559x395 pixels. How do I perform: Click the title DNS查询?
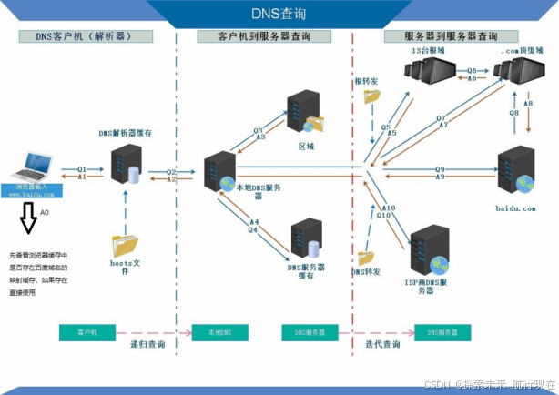pyautogui.click(x=279, y=14)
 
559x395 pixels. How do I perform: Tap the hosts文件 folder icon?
pyautogui.click(x=124, y=244)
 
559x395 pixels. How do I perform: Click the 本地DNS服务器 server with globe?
pyautogui.click(x=220, y=173)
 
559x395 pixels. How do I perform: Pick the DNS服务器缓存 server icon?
pyautogui.click(x=306, y=238)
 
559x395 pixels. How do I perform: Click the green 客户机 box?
pyautogui.click(x=88, y=332)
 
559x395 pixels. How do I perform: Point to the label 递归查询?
pyautogui.click(x=149, y=345)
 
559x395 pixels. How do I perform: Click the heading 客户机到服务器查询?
pyautogui.click(x=264, y=36)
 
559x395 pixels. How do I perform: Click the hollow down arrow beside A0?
pyautogui.click(x=29, y=218)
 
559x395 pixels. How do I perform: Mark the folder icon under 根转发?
pyautogui.click(x=371, y=96)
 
